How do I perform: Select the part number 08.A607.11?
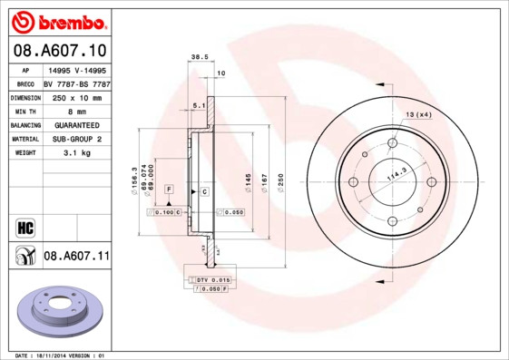76,257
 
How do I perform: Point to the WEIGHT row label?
24,153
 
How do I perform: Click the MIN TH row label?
24,111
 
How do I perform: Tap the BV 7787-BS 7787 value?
76,83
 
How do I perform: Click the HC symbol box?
24,226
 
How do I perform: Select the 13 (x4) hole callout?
418,114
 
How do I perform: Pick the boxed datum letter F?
168,190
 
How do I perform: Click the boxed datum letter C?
204,191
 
